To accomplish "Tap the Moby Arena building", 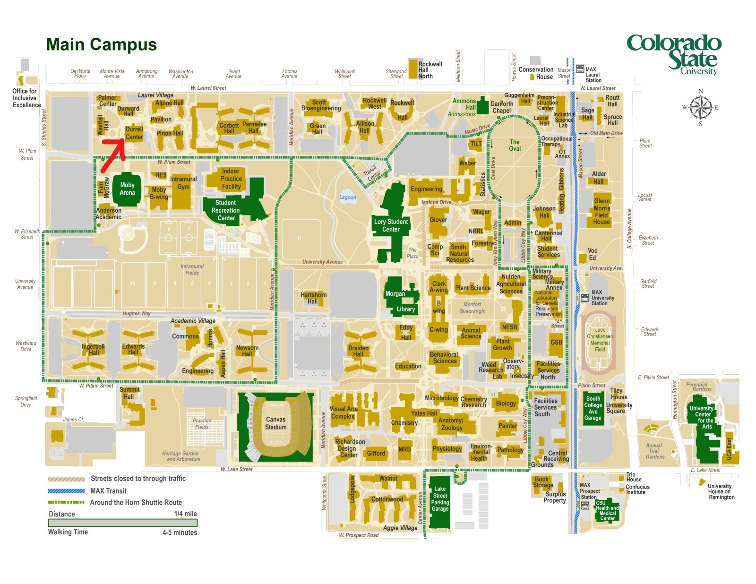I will click(x=127, y=189).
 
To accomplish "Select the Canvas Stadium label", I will click(x=275, y=423).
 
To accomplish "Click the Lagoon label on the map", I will click(x=348, y=198).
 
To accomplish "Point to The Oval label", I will click(x=515, y=145).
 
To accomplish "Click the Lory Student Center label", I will click(x=391, y=225).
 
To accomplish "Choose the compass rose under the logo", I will click(x=700, y=108).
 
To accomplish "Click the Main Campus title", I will click(x=101, y=44).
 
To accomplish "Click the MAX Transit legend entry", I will click(x=108, y=491).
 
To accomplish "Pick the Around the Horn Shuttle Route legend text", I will click(x=136, y=502).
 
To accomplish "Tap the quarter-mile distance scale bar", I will click(x=122, y=523).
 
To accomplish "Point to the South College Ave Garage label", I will click(x=593, y=408).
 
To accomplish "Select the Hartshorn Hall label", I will click(x=314, y=298).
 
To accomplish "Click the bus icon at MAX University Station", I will click(x=585, y=298).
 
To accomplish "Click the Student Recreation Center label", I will click(x=225, y=210).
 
